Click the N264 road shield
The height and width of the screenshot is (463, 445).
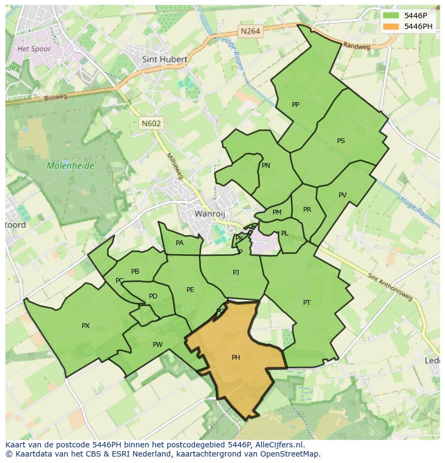click(250, 31)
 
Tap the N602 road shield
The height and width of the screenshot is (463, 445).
click(151, 123)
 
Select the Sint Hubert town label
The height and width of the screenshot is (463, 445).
click(164, 59)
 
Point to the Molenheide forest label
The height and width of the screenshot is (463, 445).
click(70, 166)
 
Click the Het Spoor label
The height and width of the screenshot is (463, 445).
click(34, 49)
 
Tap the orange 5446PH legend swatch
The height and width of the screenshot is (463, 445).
click(391, 26)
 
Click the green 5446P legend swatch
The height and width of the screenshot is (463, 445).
click(391, 16)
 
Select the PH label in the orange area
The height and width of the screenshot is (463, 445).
click(235, 358)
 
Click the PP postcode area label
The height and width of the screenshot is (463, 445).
click(295, 105)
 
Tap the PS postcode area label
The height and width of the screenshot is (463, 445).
click(341, 141)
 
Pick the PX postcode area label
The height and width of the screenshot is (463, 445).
click(85, 326)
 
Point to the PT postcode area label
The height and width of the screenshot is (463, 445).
click(306, 303)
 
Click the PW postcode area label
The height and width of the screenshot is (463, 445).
click(157, 345)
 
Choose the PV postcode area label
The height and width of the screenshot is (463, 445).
click(342, 195)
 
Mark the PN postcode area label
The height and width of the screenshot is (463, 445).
click(266, 166)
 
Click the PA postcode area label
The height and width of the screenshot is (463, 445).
click(180, 243)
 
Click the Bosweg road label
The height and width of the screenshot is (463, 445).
click(55, 97)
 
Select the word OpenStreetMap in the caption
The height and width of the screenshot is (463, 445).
click(290, 454)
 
